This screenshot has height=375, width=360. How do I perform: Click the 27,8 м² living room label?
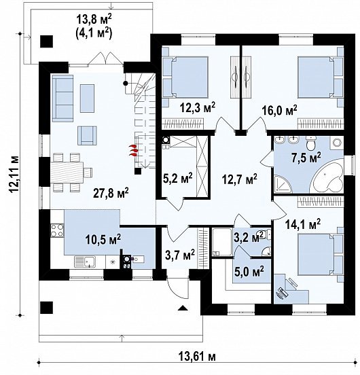[x=111, y=193]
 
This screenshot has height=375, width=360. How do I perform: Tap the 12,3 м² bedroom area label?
[x=198, y=107]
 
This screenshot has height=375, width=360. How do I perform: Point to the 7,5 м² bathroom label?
[x=306, y=158]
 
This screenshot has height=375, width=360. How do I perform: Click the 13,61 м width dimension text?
[x=197, y=357]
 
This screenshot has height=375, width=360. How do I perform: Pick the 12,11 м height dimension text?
[x=14, y=174]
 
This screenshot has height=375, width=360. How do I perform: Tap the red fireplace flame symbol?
[x=134, y=150]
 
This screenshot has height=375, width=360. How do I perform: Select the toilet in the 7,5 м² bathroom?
[x=312, y=143]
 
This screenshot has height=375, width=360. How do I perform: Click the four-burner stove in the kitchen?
[x=57, y=230]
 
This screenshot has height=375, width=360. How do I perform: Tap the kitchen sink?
[x=85, y=262]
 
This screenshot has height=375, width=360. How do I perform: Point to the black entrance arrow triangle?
[x=183, y=308]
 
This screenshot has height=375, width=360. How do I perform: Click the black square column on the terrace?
[x=46, y=41]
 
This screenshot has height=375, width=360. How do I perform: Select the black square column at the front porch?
[x=46, y=307]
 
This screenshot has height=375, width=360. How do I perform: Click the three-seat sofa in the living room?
[x=62, y=99]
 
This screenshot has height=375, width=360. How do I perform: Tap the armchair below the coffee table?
[x=87, y=136]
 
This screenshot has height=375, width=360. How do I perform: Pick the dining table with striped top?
[x=67, y=172]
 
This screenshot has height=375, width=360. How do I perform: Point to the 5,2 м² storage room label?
[x=178, y=177]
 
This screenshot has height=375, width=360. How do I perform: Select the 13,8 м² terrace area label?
[x=94, y=20]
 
